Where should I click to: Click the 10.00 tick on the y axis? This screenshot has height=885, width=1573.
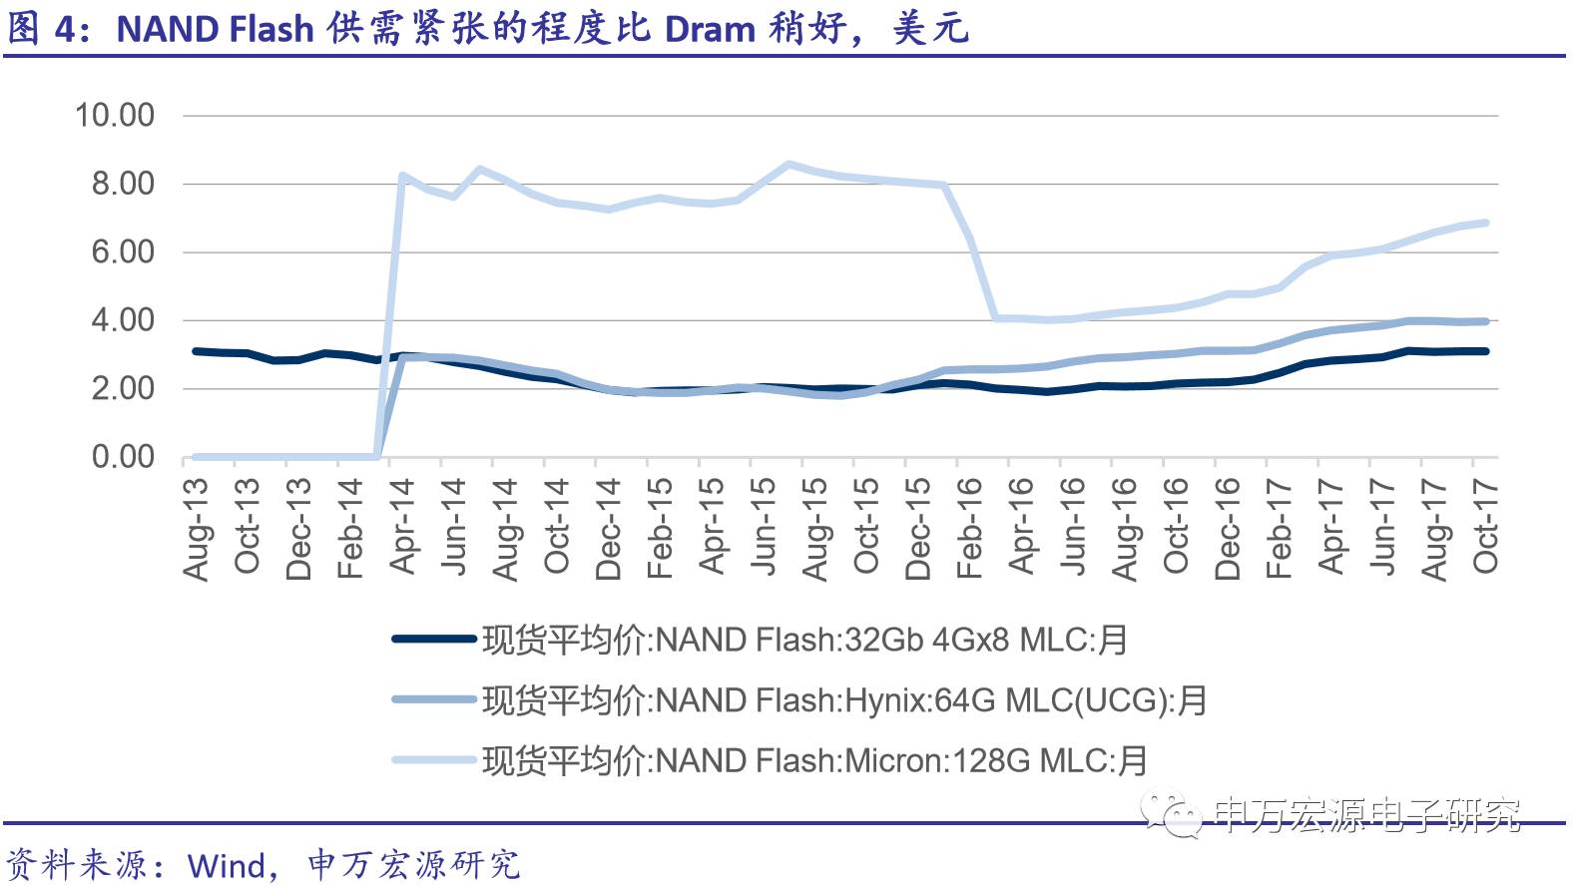[115, 116]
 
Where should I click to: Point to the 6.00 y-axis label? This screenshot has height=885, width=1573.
[123, 252]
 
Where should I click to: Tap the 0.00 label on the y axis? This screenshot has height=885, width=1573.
[123, 457]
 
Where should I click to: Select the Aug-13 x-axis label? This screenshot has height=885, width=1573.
[197, 529]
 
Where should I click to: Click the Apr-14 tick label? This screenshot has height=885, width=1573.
[402, 526]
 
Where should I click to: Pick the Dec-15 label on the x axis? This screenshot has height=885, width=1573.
[917, 529]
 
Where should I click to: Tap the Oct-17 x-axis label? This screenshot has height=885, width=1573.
[1485, 526]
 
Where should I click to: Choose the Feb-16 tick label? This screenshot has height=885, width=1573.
[969, 528]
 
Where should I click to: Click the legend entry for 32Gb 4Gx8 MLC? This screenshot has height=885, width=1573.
[804, 640]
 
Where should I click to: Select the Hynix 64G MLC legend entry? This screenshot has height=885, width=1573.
[844, 700]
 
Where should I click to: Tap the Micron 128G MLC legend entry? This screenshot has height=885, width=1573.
[814, 761]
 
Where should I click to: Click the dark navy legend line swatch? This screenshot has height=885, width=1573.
[434, 639]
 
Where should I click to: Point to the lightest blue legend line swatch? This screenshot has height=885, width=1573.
[434, 760]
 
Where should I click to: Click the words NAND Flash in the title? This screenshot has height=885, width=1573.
[216, 29]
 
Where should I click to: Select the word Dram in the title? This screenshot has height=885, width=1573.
[710, 29]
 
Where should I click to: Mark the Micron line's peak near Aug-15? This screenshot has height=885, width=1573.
[788, 164]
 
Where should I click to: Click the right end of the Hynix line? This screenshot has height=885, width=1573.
[1486, 321]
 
